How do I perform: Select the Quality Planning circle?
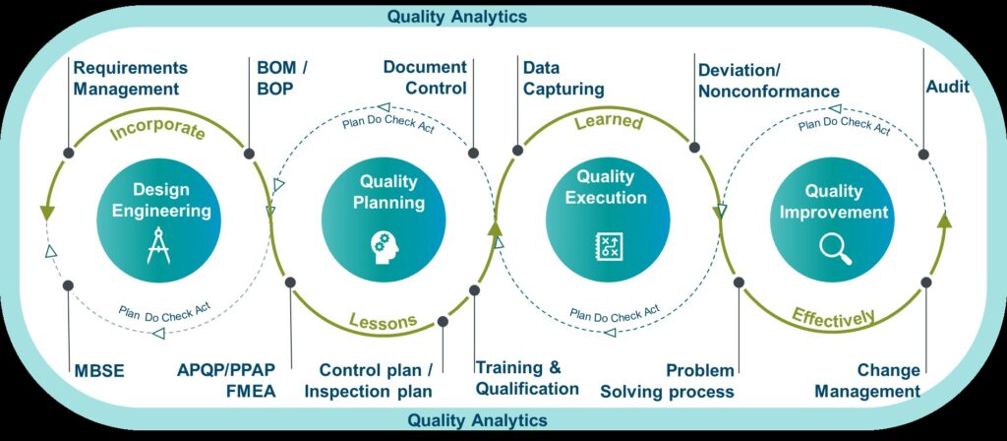[385, 218]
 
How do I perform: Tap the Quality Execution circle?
[608, 218]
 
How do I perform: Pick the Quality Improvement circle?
[833, 220]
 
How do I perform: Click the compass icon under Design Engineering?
[158, 245]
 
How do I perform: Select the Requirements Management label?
[131, 78]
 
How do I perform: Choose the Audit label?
[947, 87]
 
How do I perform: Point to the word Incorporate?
[157, 129]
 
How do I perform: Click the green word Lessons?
[384, 320]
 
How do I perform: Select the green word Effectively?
[834, 316]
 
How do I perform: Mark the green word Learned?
[608, 122]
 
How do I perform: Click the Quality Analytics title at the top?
[456, 16]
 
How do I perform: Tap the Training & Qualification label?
[527, 378]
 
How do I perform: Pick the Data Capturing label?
[563, 78]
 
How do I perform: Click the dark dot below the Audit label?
[923, 155]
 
